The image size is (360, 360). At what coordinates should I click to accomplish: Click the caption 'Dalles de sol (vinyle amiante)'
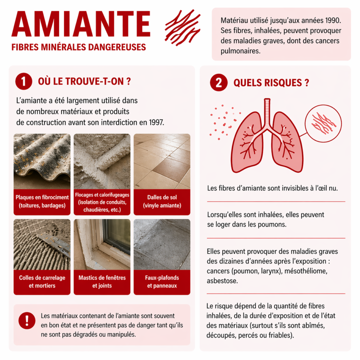tap(162, 202)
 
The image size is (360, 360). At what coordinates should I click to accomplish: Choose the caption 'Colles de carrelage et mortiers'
tap(42, 282)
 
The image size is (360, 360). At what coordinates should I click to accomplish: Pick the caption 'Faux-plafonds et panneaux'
tap(162, 282)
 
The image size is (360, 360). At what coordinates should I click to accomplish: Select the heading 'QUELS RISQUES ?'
tap(271, 83)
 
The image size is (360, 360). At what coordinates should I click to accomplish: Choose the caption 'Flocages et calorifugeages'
tap(102, 194)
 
